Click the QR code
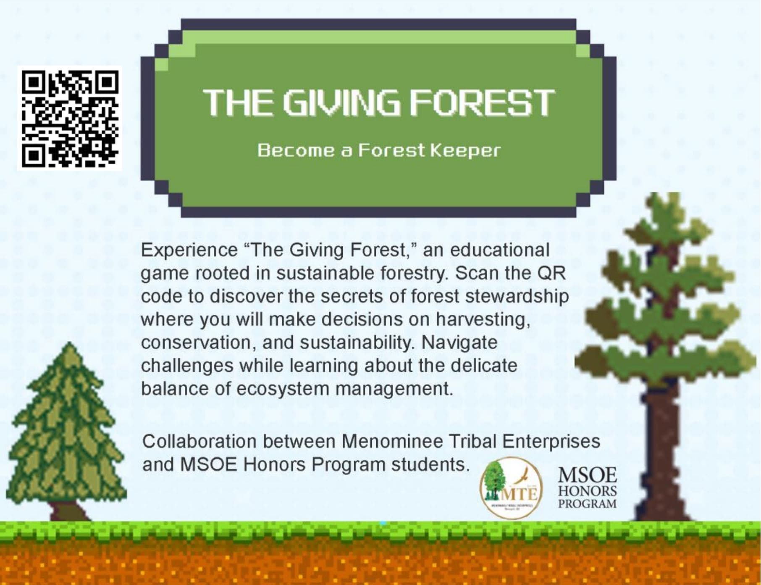point(70,118)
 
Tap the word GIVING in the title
point(341,102)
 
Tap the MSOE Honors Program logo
point(587,488)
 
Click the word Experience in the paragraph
point(189,250)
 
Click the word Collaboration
point(199,442)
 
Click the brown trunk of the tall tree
point(660,454)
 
